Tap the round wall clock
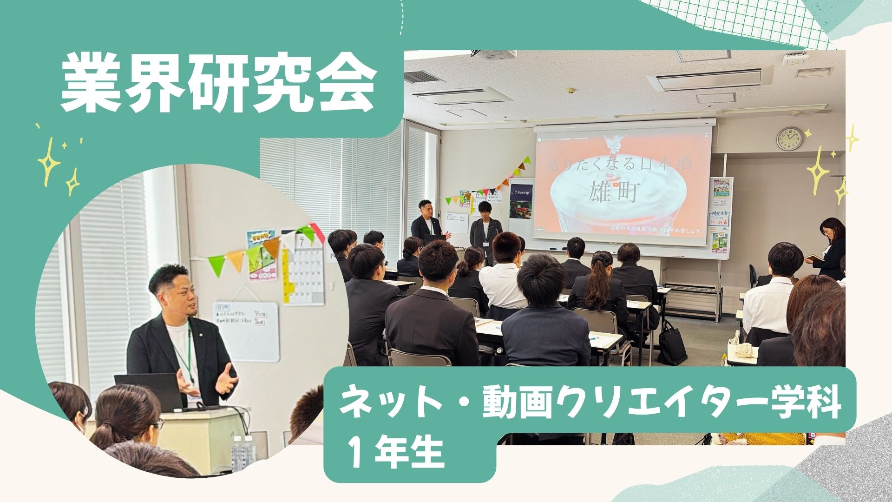(x=789, y=139)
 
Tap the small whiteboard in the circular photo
(x=246, y=330)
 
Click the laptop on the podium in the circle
(x=149, y=390)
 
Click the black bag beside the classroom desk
(x=672, y=344)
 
